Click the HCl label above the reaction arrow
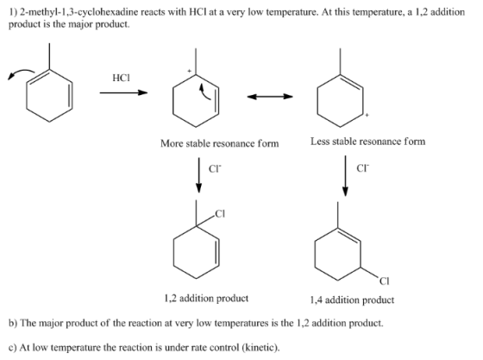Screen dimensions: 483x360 tap(121, 78)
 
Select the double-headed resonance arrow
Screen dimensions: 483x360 tap(270, 97)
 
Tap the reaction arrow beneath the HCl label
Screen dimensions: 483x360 tap(123, 92)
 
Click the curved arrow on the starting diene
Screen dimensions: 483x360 tap(21, 74)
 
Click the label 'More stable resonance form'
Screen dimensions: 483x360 tap(220, 143)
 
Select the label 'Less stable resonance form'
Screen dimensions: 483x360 tap(367, 142)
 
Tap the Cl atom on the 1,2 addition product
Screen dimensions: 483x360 tap(220, 213)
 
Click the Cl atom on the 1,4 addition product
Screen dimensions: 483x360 tap(384, 281)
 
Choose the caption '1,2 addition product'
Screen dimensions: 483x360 tap(206, 299)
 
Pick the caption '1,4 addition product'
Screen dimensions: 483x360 tap(352, 300)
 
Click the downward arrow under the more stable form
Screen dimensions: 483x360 tap(199, 175)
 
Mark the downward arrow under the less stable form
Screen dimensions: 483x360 tap(345, 176)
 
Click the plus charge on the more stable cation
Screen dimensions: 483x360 tap(190, 71)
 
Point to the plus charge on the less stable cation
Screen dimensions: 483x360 tap(367, 116)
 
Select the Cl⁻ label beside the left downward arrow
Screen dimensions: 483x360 tap(215, 168)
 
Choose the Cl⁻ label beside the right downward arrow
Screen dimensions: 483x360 tap(362, 168)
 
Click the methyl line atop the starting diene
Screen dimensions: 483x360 tap(49, 56)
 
